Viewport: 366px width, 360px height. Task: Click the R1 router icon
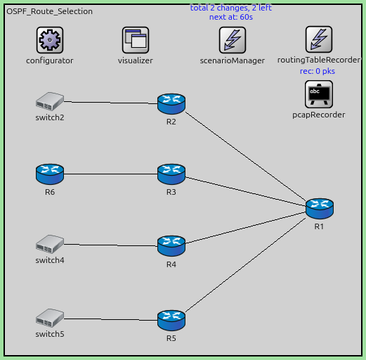pyautogui.click(x=319, y=208)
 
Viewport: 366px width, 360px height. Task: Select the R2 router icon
pyautogui.click(x=171, y=104)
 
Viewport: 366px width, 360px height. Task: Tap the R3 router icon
pyautogui.click(x=171, y=173)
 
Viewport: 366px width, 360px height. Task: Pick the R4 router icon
pyautogui.click(x=171, y=245)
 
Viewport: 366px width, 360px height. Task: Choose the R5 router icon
pyautogui.click(x=171, y=320)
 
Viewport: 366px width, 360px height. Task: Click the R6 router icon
pyautogui.click(x=49, y=173)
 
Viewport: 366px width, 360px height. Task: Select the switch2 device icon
pyautogui.click(x=49, y=101)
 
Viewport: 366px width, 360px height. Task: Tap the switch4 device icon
pyautogui.click(x=49, y=244)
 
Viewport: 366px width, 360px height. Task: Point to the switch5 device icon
pyautogui.click(x=49, y=318)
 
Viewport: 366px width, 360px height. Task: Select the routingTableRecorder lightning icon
pyautogui.click(x=318, y=40)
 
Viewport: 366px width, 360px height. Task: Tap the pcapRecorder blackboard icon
pyautogui.click(x=318, y=94)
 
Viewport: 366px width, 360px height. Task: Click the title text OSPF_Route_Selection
pyautogui.click(x=49, y=12)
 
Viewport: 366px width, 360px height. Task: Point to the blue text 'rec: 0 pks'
pyautogui.click(x=318, y=71)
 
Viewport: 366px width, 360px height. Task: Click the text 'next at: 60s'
pyautogui.click(x=230, y=17)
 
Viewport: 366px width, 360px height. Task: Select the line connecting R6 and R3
pyautogui.click(x=110, y=174)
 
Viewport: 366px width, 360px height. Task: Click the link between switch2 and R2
pyautogui.click(x=110, y=103)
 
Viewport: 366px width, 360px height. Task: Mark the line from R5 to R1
pyautogui.click(x=246, y=264)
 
